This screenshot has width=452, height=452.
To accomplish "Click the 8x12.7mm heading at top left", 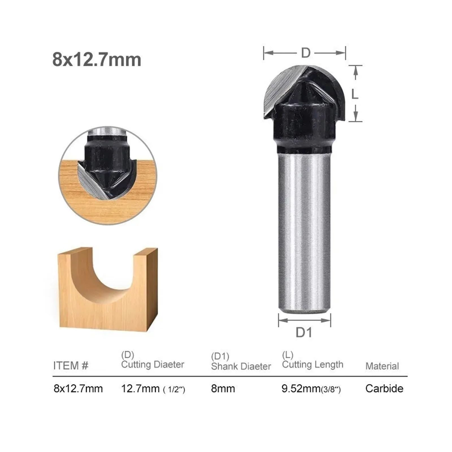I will pyautogui.click(x=97, y=60).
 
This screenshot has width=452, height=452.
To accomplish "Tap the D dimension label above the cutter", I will pyautogui.click(x=306, y=53).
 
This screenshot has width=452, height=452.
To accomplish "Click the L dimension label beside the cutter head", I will pyautogui.click(x=355, y=94).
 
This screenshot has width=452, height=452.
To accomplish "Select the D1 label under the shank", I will pyautogui.click(x=304, y=333).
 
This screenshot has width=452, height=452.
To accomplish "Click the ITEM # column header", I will pyautogui.click(x=71, y=366).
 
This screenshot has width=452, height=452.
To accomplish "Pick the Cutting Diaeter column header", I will pyautogui.click(x=153, y=364).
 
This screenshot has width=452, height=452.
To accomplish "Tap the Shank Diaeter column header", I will pyautogui.click(x=241, y=366).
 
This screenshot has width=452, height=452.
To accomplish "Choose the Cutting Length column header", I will pyautogui.click(x=312, y=364).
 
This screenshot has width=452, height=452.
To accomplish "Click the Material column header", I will pyautogui.click(x=382, y=366).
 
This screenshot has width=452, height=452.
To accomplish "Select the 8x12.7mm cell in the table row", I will pyautogui.click(x=78, y=389).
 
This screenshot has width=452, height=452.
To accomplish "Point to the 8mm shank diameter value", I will pyautogui.click(x=223, y=389).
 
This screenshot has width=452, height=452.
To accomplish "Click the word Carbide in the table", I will pyautogui.click(x=384, y=389).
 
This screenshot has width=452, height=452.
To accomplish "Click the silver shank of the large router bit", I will pyautogui.click(x=304, y=232).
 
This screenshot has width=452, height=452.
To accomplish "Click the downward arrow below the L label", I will pyautogui.click(x=356, y=114).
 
